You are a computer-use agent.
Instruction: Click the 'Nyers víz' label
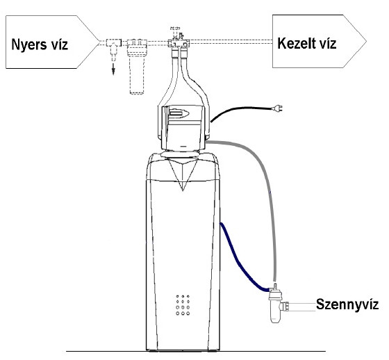[x=40, y=44]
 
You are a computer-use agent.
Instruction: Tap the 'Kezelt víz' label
[x=307, y=43]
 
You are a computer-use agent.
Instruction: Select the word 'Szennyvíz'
[x=347, y=304]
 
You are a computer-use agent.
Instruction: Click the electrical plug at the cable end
[x=277, y=108]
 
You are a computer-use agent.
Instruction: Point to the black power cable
[x=238, y=109]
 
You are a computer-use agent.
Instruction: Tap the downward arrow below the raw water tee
[x=113, y=68]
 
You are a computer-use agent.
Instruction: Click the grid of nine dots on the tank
[x=183, y=305]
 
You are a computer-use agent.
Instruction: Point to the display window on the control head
[x=179, y=114]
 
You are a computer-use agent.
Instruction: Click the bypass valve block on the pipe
[x=179, y=42]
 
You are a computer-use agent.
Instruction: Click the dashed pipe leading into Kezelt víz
[x=231, y=42]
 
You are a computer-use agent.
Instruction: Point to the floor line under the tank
[x=196, y=351]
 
